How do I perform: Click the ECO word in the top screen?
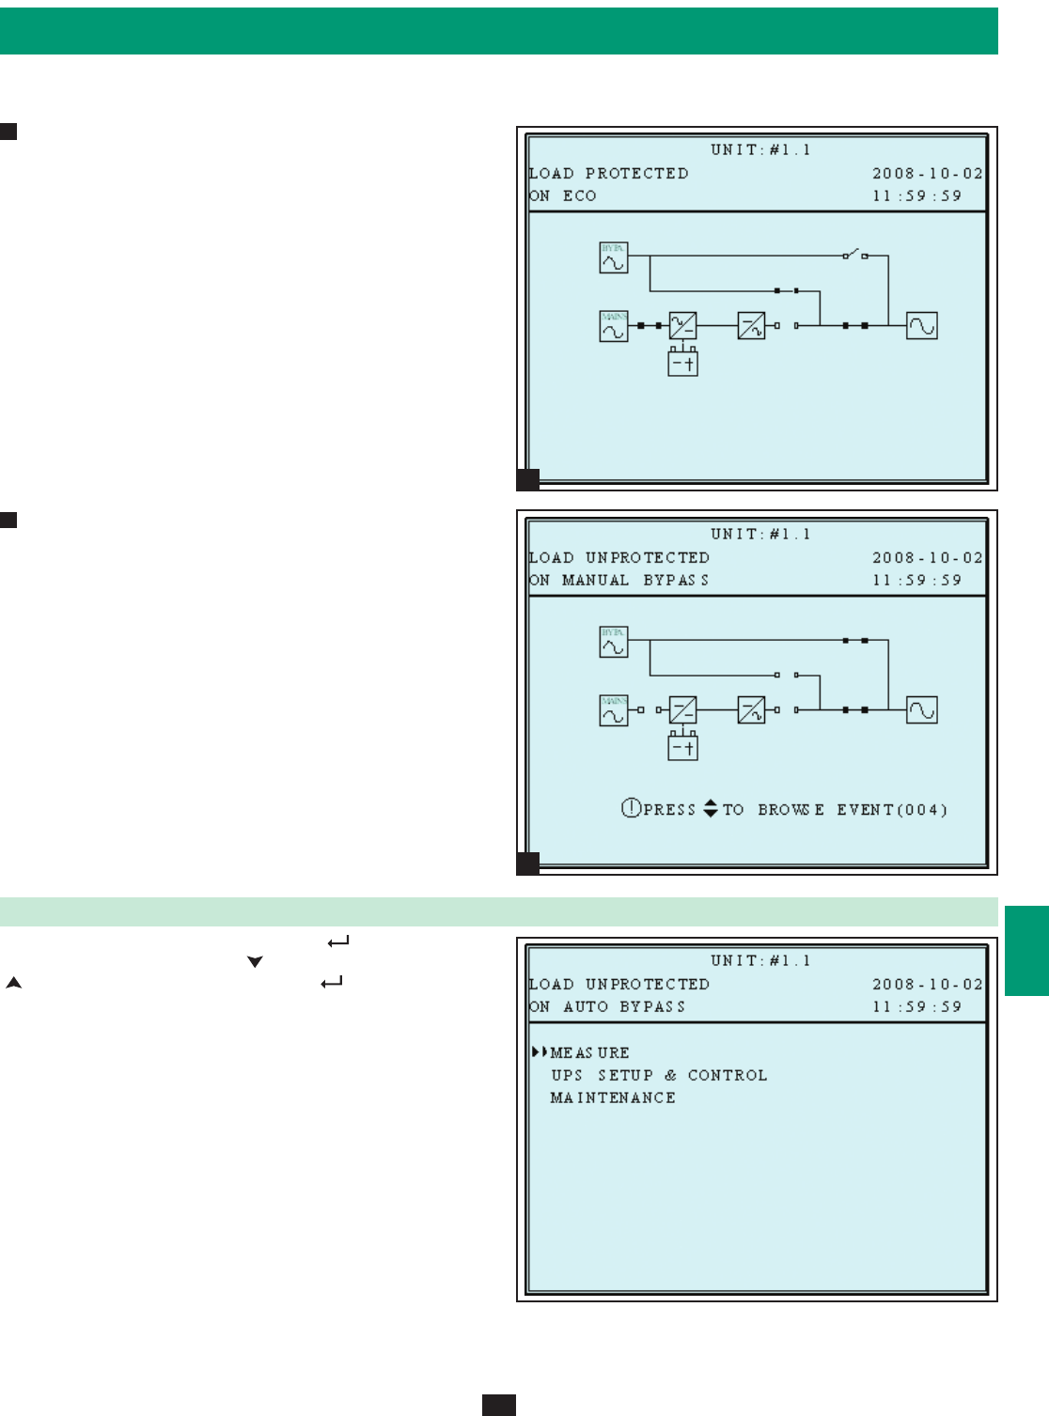pyautogui.click(x=580, y=195)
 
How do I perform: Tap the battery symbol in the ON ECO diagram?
pyautogui.click(x=682, y=363)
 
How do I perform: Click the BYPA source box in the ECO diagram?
pyautogui.click(x=614, y=257)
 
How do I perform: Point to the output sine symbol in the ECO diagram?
pyautogui.click(x=921, y=326)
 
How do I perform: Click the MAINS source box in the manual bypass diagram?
pyautogui.click(x=614, y=710)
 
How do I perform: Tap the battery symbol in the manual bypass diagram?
pyautogui.click(x=682, y=747)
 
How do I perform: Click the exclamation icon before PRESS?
pyautogui.click(x=631, y=808)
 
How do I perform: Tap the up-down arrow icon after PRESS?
pyautogui.click(x=711, y=808)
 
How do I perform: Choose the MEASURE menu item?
pyautogui.click(x=589, y=1052)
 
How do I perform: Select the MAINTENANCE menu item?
pyautogui.click(x=613, y=1097)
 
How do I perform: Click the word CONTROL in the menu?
pyautogui.click(x=728, y=1075)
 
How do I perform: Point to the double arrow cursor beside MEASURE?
pyautogui.click(x=540, y=1052)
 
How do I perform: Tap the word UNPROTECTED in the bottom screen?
pyautogui.click(x=648, y=984)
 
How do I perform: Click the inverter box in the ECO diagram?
pyautogui.click(x=751, y=326)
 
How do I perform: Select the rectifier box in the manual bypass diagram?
pyautogui.click(x=682, y=710)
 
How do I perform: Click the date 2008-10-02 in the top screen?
pyautogui.click(x=927, y=173)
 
